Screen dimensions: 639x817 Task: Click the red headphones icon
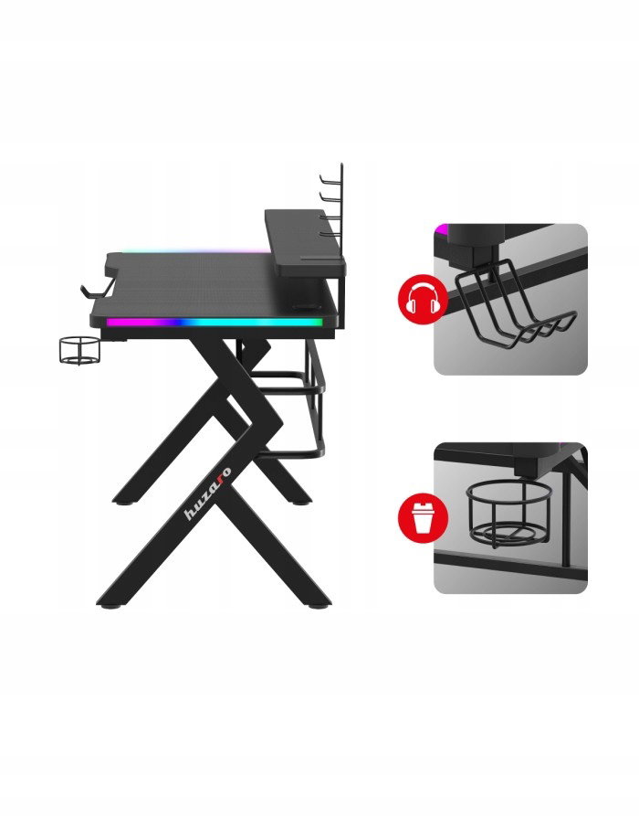click(x=423, y=300)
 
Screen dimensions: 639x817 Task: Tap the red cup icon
click(x=423, y=518)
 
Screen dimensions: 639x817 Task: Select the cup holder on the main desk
click(x=79, y=351)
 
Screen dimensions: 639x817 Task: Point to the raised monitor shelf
click(x=304, y=243)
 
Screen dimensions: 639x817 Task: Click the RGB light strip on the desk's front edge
click(x=214, y=323)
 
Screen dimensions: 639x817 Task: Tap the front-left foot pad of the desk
click(x=110, y=606)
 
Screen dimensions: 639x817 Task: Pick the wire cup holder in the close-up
click(x=508, y=514)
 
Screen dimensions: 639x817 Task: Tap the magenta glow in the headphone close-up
click(x=442, y=229)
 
